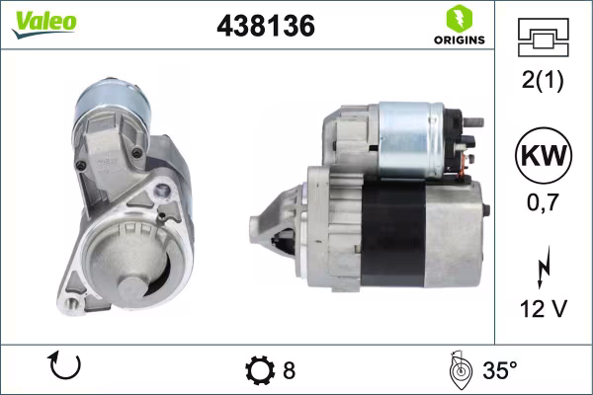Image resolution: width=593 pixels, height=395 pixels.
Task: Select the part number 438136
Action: [265, 27]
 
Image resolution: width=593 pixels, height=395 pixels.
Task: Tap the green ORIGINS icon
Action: [458, 18]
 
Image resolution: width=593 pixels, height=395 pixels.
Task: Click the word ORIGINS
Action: [458, 40]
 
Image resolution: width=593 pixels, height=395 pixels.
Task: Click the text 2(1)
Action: [542, 82]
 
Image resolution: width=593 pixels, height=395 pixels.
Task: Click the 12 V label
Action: [542, 310]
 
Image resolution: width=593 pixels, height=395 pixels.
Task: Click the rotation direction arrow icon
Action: [64, 369]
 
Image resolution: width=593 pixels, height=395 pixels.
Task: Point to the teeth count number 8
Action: [289, 371]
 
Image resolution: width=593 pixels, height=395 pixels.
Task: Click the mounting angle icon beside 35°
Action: [458, 369]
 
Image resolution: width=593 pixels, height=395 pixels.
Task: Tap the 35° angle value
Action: [500, 371]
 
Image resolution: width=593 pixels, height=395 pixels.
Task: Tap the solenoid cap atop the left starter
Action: [111, 99]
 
